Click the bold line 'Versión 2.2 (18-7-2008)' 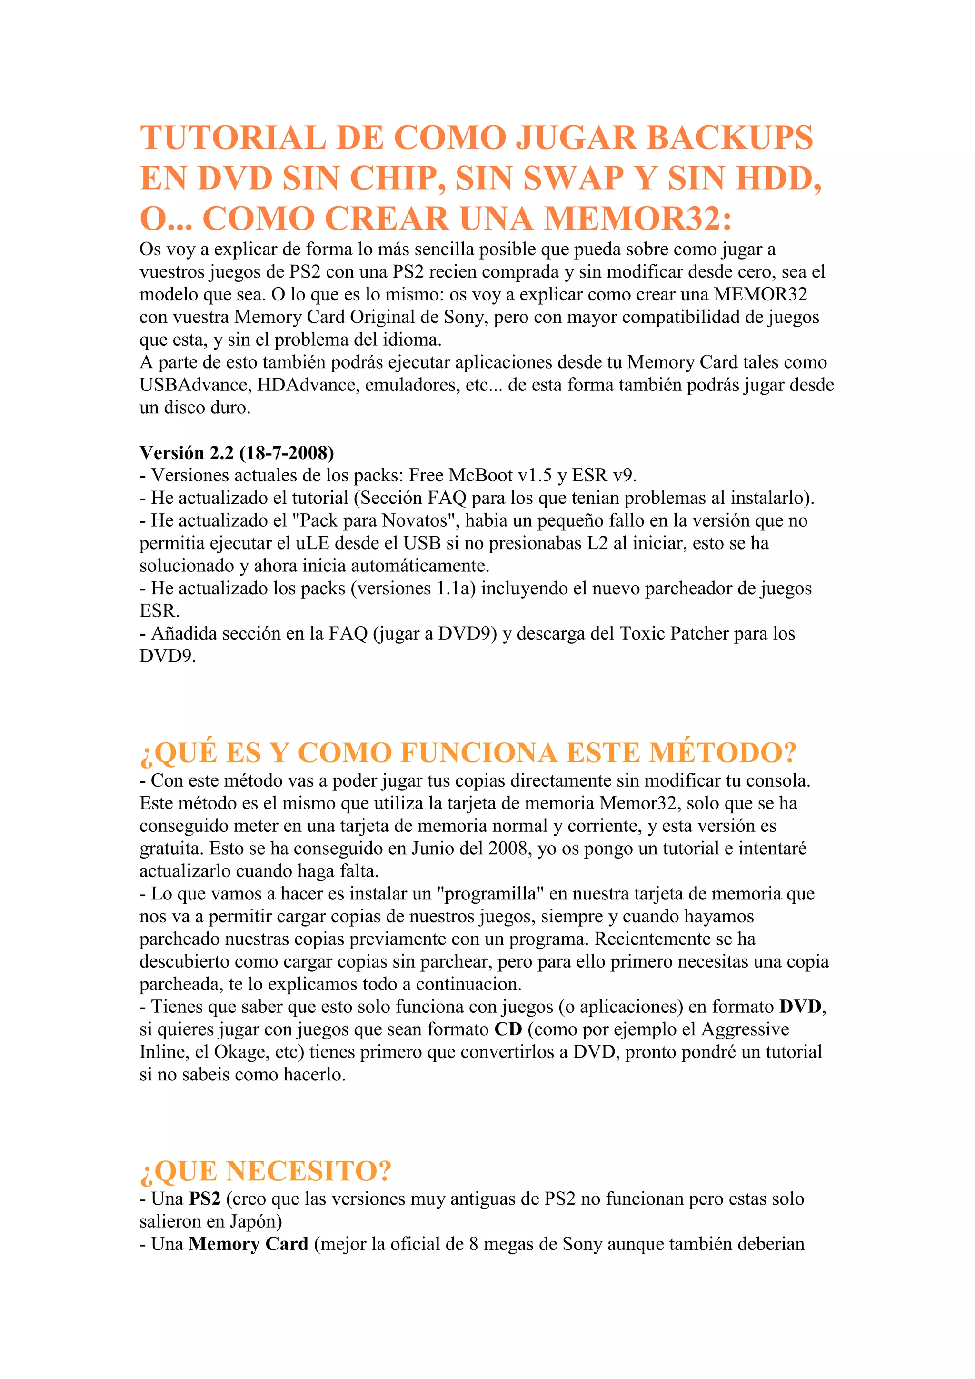pos(237,452)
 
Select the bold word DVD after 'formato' pos(800,1007)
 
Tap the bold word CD pos(508,1029)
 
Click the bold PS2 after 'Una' pos(205,1199)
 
